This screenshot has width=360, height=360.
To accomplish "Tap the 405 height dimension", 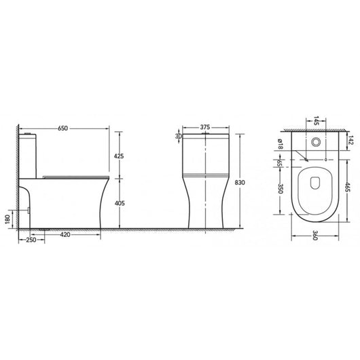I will [x=120, y=202].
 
